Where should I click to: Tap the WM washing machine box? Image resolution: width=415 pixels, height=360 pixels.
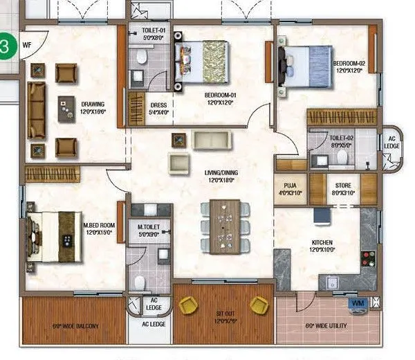point(358,304)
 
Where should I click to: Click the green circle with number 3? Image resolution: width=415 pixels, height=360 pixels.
point(6,47)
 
